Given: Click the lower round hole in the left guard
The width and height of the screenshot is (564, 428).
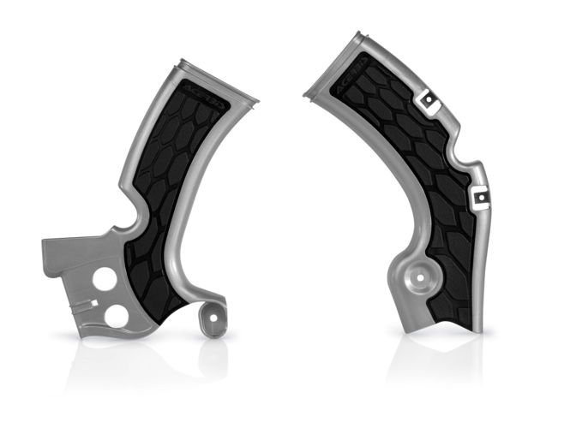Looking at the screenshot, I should [x=121, y=315].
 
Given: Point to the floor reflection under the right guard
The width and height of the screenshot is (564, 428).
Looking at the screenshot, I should [x=437, y=360].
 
